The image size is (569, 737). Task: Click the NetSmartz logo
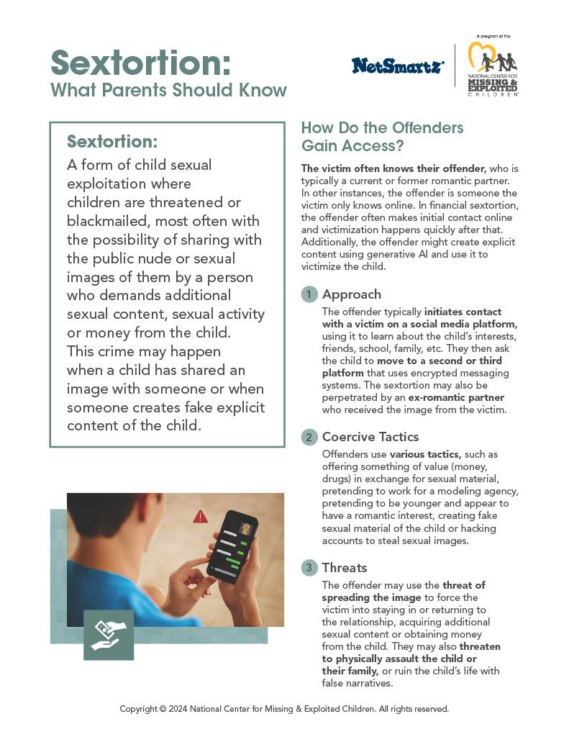click(398, 65)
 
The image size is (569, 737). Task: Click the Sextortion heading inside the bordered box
click(111, 140)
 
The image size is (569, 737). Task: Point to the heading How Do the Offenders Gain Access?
click(381, 135)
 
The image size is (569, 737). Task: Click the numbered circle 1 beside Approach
click(309, 294)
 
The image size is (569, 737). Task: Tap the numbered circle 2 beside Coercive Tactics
click(309, 437)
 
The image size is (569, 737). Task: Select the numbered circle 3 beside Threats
click(309, 568)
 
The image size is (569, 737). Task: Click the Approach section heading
click(352, 294)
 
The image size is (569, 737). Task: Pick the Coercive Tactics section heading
click(370, 437)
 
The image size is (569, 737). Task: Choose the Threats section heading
click(345, 568)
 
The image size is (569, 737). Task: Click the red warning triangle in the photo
click(200, 517)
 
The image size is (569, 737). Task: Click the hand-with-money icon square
click(109, 635)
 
